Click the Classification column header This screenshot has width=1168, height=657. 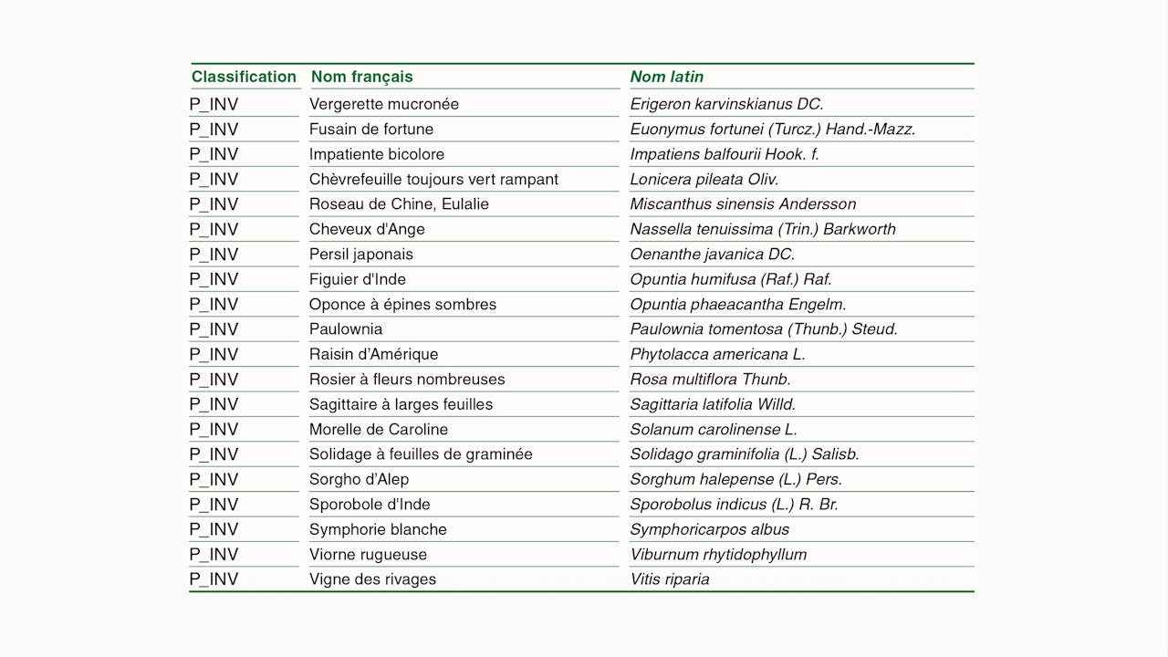point(244,77)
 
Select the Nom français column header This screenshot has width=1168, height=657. point(361,77)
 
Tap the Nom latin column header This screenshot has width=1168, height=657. point(667,77)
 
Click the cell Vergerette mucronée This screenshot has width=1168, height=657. point(384,104)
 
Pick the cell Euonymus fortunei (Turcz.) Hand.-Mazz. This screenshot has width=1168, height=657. point(773,130)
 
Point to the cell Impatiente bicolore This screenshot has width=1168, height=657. point(377,154)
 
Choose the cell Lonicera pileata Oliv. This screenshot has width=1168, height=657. point(704,180)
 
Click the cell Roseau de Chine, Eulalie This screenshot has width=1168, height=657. point(399,204)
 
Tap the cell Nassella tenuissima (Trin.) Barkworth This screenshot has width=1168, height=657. point(763,229)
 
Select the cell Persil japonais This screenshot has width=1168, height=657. point(361,255)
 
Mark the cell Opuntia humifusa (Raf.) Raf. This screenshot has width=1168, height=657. point(731,279)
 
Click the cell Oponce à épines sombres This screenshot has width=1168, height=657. point(402,305)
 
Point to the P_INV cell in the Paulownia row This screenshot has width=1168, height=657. point(214,329)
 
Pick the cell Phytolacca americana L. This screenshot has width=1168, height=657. point(718,354)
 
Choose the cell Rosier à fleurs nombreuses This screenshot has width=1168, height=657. point(407,380)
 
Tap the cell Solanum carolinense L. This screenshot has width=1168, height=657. point(714,430)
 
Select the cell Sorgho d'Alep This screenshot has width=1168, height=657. point(359,479)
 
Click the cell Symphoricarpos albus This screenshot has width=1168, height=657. point(710,529)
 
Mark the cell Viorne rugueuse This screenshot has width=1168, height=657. point(368,555)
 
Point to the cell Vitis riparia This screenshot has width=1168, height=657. point(670,579)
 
